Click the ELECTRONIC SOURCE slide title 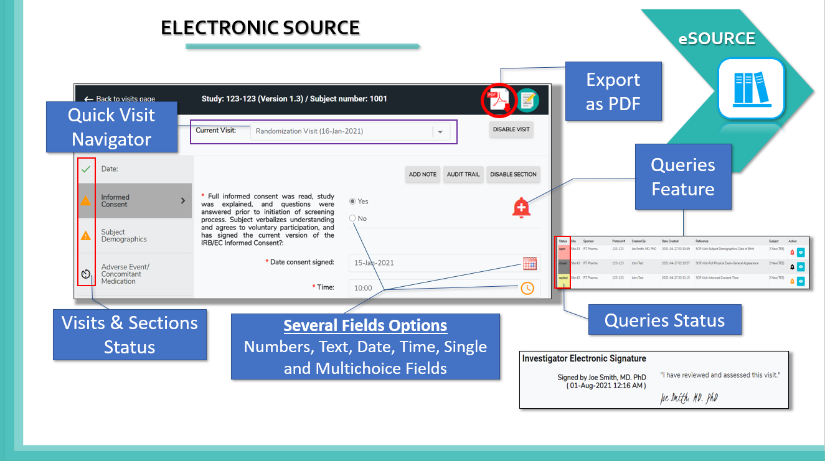(x=260, y=28)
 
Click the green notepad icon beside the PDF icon (x=527, y=100)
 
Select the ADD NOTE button (x=422, y=174)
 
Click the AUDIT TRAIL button (x=463, y=174)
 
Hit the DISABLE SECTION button (x=513, y=174)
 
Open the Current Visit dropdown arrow (x=440, y=132)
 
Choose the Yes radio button (x=353, y=202)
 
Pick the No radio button (x=353, y=218)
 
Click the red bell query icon (x=521, y=208)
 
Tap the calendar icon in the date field (x=529, y=263)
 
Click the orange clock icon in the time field (x=527, y=288)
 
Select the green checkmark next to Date (x=86, y=169)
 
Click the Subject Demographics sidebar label (x=124, y=235)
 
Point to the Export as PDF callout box (x=613, y=91)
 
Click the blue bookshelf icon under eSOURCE (x=750, y=88)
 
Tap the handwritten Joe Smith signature (x=689, y=398)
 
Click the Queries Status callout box (x=664, y=320)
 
